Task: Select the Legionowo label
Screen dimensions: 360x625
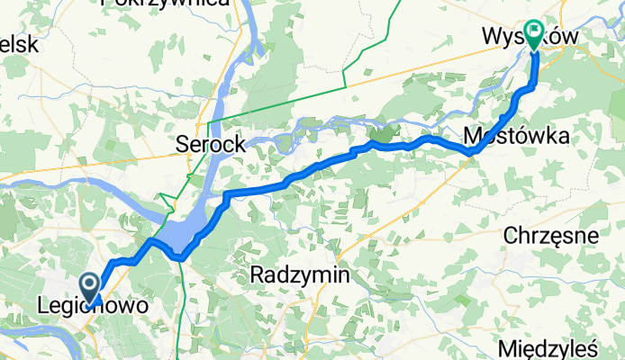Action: coord(93,306)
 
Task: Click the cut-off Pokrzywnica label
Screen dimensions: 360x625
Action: coord(165,4)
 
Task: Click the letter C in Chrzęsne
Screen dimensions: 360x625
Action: coord(510,236)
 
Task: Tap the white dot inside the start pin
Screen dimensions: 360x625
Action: coord(93,282)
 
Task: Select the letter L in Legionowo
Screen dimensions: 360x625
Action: coord(43,306)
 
